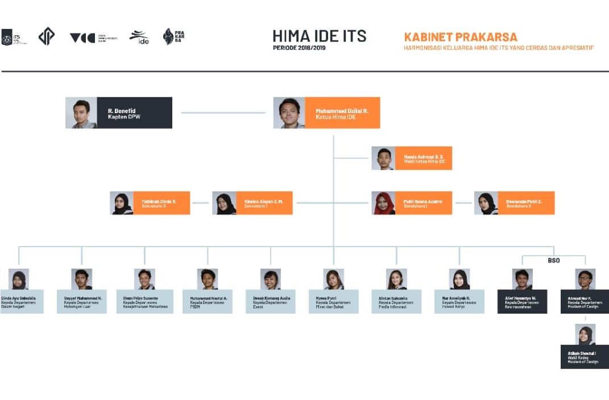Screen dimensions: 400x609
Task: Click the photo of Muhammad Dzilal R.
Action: [x=289, y=113]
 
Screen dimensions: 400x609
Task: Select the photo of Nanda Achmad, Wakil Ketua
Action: [x=383, y=159]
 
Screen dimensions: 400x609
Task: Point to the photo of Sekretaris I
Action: [x=225, y=203]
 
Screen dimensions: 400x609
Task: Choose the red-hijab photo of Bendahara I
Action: [x=384, y=203]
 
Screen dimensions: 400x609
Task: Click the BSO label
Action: [x=554, y=261]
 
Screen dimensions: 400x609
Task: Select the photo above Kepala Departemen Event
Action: [x=271, y=279]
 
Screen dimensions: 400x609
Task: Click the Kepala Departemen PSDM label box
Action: [x=208, y=302]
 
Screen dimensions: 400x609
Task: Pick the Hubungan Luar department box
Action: [x=82, y=302]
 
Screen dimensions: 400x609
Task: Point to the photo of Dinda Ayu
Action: [x=19, y=279]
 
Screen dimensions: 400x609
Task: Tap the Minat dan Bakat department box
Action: [x=333, y=302]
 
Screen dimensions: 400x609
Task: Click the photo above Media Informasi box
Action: [x=396, y=279]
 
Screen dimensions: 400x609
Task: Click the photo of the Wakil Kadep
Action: [x=585, y=334]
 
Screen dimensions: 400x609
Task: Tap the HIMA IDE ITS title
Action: [x=319, y=36]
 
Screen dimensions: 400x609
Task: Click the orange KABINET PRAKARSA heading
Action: [x=461, y=37]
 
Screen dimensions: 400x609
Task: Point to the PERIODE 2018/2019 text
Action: [x=299, y=48]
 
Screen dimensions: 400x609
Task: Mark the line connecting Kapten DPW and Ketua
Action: [x=222, y=113]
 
